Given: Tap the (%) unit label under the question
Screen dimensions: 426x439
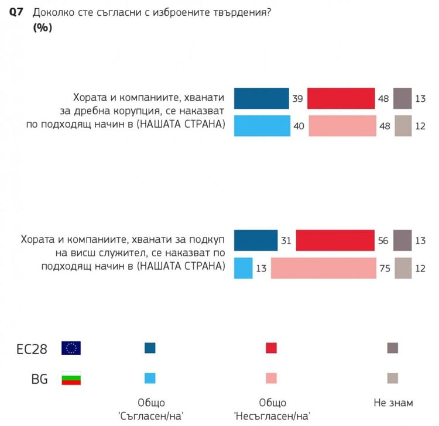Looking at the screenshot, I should [x=42, y=28].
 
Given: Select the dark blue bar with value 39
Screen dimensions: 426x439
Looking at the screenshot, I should [x=261, y=98].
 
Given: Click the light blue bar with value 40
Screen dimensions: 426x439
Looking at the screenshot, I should [x=262, y=126].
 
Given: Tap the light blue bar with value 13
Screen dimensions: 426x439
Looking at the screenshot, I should [x=243, y=268].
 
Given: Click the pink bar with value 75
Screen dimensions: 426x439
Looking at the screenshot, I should [x=323, y=268].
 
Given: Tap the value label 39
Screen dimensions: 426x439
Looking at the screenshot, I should [x=297, y=99].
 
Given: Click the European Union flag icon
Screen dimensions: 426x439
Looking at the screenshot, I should [x=71, y=349].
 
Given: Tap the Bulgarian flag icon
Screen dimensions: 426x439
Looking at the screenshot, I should [x=71, y=379].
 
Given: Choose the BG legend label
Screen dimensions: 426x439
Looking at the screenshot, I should [x=39, y=379].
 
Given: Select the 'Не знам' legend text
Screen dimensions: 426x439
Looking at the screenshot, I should [x=393, y=403].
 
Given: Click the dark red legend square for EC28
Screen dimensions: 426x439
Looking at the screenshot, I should [x=271, y=348].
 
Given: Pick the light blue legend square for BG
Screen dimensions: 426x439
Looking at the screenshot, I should [x=150, y=378].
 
